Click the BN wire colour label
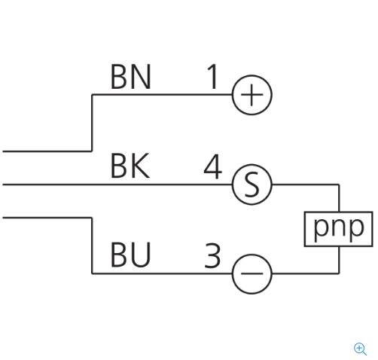coord(131,77)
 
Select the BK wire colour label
coord(130,166)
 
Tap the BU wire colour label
coord(131,255)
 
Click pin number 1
coord(213,77)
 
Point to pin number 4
coord(213,166)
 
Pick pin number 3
coord(212,255)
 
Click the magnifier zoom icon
coord(360,349)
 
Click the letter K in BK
coord(140,166)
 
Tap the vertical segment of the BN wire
coord(92,123)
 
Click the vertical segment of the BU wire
coord(92,246)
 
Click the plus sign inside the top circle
coord(251,95)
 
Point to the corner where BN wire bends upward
coord(92,151)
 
